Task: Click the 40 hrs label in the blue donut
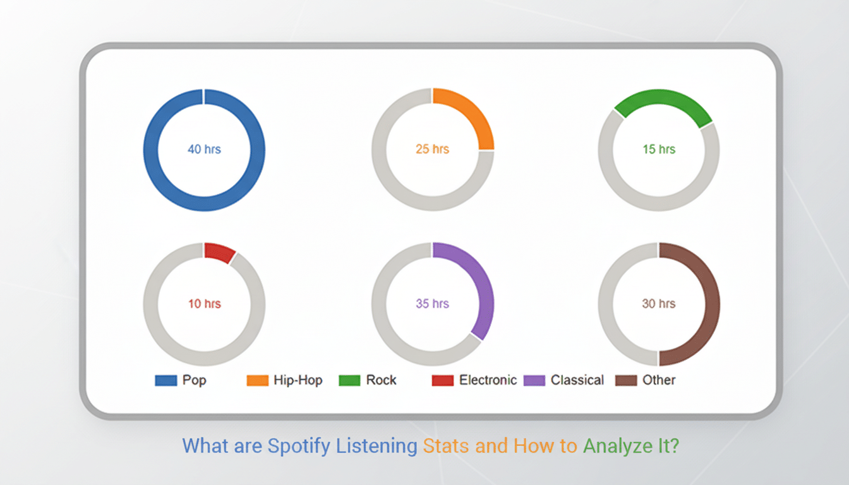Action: tap(204, 150)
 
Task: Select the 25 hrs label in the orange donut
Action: tap(432, 150)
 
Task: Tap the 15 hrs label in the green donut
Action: tap(659, 150)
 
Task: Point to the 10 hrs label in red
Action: tap(204, 304)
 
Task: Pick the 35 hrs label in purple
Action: tap(432, 304)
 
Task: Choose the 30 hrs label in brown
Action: tap(659, 304)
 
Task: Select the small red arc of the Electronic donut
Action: tap(219, 252)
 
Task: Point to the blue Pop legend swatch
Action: tap(166, 380)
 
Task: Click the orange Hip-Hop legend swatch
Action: tap(256, 380)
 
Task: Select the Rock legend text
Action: tap(382, 380)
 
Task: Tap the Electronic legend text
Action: tap(488, 380)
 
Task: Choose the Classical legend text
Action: tap(577, 380)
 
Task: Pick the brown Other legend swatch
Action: tap(625, 380)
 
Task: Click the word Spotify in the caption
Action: tap(299, 446)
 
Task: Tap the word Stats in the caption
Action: tap(446, 446)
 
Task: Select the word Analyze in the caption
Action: tap(617, 446)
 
